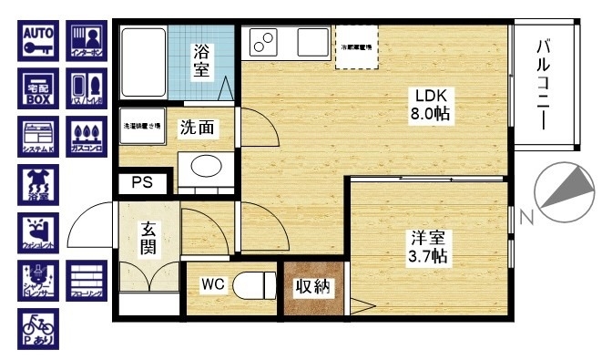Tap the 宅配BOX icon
point(38,91)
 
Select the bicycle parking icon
point(38,329)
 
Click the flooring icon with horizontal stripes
point(87,281)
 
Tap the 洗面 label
point(197,128)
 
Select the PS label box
point(142,182)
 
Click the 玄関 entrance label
point(149,240)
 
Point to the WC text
point(212,284)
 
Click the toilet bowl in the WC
point(254,285)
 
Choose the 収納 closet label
point(313,287)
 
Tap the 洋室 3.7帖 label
point(426,246)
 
